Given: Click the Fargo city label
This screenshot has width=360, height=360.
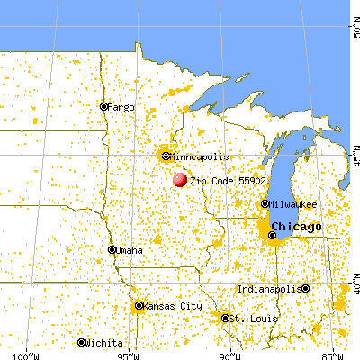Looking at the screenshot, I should coord(121,107).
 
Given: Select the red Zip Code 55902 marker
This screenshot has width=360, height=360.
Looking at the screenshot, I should coord(180,180).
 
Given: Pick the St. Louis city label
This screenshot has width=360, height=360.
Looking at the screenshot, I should coord(247,319).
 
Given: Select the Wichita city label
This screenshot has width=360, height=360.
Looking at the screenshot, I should coord(105,343).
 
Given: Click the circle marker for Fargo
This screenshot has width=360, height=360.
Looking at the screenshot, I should coord(103,107).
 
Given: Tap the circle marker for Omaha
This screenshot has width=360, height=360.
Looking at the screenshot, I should coord(112,250).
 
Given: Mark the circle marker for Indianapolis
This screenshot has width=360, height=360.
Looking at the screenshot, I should coord(305,289).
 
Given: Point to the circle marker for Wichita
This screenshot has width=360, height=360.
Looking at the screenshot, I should coord(82,343).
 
